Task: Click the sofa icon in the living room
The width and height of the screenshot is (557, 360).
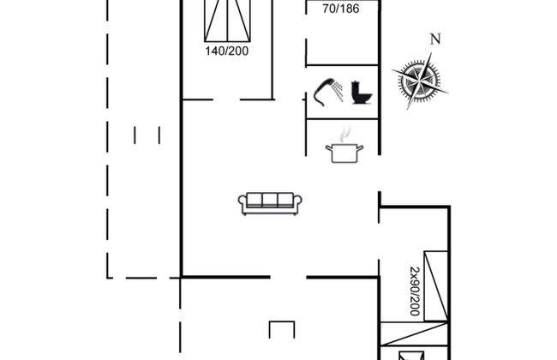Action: point(270,204)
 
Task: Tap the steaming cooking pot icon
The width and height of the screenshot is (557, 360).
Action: point(344,146)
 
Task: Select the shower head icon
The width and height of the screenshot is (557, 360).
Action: point(328,92)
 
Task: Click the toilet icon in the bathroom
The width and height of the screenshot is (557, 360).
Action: point(362,93)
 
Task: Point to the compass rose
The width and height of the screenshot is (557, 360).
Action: point(420,81)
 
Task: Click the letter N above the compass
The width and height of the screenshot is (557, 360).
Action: point(435,39)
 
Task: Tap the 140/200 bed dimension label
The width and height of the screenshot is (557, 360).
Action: point(226,51)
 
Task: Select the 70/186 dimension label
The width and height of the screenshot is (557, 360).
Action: point(341,9)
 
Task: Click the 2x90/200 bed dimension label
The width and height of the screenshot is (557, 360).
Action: point(415,291)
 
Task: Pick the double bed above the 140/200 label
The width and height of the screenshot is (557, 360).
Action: point(227,21)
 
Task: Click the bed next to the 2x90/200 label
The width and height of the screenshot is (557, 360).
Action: point(436,286)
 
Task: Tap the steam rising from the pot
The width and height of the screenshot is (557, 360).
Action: point(345,135)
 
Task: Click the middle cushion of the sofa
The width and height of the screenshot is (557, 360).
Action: point(270,200)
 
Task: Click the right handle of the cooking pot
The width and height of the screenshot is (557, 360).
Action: point(360,147)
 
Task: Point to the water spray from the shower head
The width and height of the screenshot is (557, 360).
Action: point(338,91)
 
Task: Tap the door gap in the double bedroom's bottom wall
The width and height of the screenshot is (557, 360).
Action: point(226,100)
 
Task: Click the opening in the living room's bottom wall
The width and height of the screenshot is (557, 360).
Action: point(288,277)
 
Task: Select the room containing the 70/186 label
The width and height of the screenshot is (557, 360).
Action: point(342,33)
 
